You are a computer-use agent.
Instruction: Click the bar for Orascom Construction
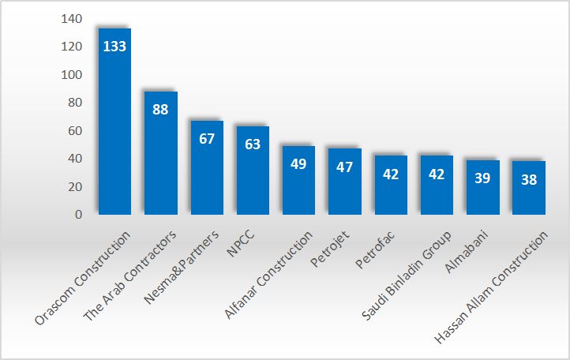[114, 126]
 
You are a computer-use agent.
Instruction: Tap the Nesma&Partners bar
[207, 170]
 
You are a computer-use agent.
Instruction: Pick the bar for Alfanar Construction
[298, 186]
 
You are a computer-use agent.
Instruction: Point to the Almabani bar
[482, 193]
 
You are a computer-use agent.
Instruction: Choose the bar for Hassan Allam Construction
[529, 193]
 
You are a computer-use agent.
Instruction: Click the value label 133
[114, 46]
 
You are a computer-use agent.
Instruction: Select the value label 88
[160, 109]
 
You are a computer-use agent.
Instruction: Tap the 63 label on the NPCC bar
[253, 144]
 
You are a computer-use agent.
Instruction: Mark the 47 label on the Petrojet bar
[344, 167]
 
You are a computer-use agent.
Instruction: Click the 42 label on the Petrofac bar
[391, 174]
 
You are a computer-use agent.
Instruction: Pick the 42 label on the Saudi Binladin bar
[437, 174]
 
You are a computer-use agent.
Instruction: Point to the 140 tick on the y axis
[71, 19]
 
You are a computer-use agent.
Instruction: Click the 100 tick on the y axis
[71, 75]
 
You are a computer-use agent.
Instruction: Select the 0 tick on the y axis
[78, 214]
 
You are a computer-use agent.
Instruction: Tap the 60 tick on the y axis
[74, 130]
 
